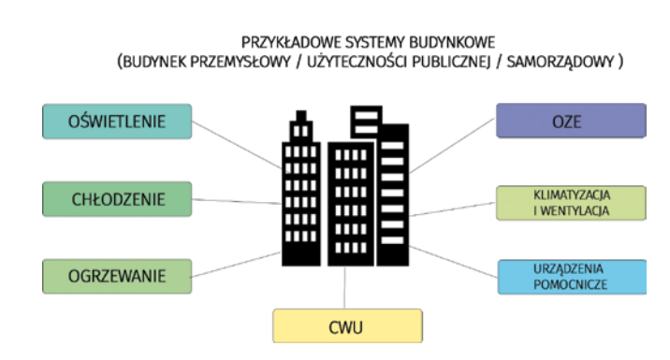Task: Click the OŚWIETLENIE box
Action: coord(117,122)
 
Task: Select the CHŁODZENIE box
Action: coord(117,199)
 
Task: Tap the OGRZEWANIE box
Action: coord(117,276)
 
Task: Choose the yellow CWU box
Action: coord(347,326)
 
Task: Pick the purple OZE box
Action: coord(571,121)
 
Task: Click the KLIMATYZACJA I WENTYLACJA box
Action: coord(571,203)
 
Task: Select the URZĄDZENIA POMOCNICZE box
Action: coord(572,277)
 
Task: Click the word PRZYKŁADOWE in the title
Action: coord(291,43)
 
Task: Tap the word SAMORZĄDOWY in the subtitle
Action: coord(561,63)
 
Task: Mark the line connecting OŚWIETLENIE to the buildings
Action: coord(237,145)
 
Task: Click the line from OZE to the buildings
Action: coord(452,146)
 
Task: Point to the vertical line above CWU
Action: coord(344,288)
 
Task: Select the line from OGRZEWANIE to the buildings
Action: coord(236,265)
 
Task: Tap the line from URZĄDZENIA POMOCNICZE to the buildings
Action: coord(453,262)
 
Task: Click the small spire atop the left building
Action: coord(301,115)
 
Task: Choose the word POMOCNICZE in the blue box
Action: coord(571,285)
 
